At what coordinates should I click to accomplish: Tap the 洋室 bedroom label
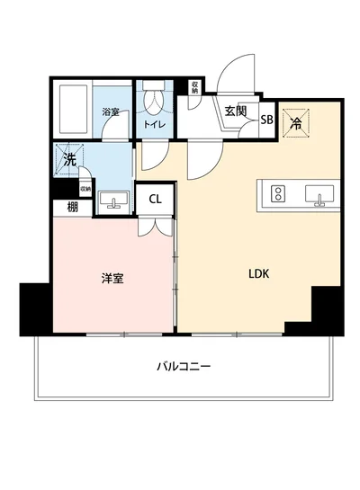click(112, 278)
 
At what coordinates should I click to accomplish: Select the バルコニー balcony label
click(183, 366)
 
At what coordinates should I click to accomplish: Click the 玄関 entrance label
click(236, 111)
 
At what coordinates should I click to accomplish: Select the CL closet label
click(155, 200)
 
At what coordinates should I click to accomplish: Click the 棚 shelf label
click(71, 208)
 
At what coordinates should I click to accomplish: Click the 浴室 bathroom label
click(111, 112)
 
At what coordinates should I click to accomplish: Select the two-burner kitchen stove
click(277, 194)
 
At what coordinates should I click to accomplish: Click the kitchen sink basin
click(318, 194)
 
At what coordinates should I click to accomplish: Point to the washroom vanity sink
click(113, 200)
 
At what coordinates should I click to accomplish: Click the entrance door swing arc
click(236, 74)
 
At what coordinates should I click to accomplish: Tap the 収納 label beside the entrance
click(194, 86)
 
